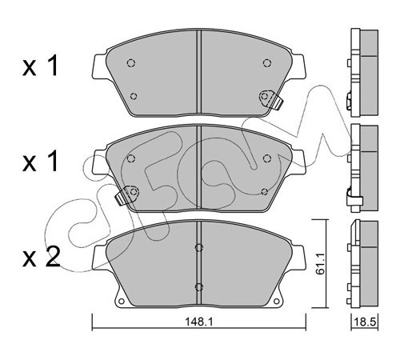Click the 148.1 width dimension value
(199, 322)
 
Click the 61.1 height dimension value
(319, 264)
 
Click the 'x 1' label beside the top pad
(40, 66)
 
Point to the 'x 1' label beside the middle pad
(40, 162)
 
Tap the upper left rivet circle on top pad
(131, 63)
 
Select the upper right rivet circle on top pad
(267, 63)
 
